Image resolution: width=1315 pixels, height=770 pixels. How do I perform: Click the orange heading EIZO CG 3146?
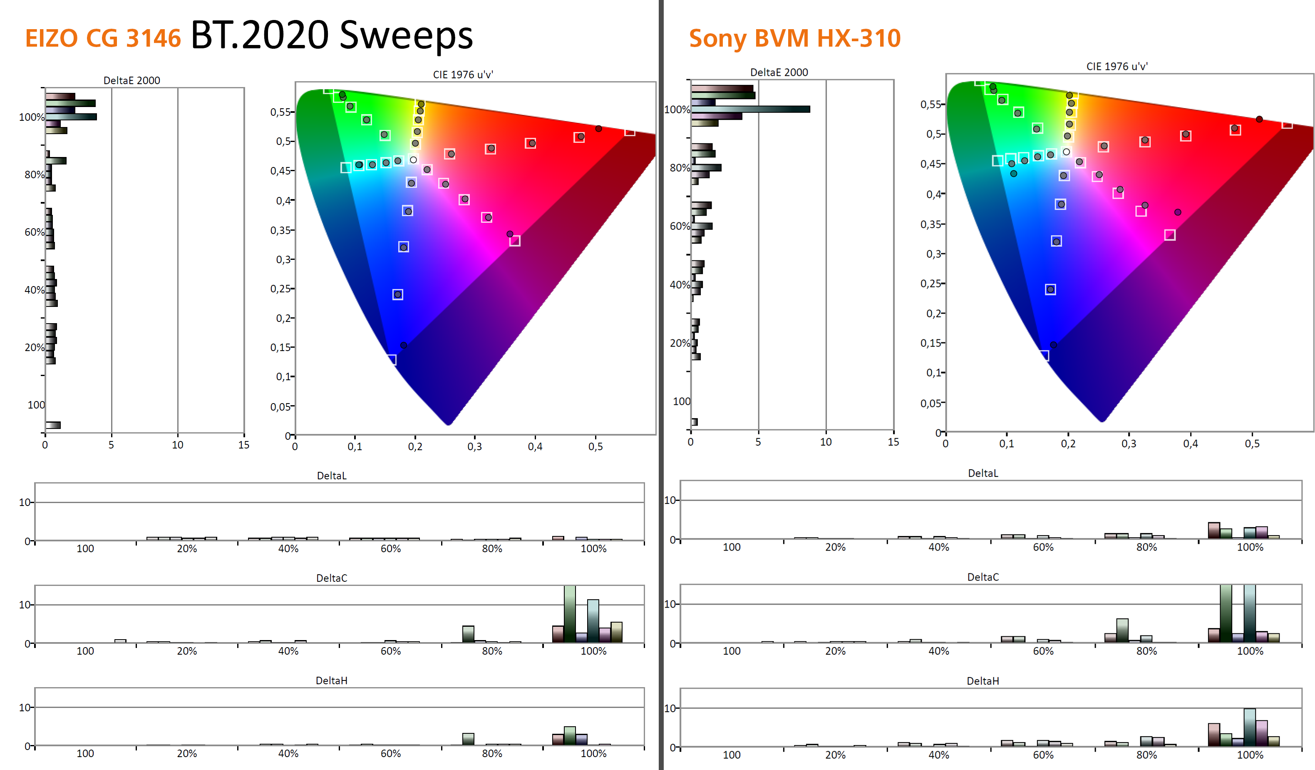(x=103, y=39)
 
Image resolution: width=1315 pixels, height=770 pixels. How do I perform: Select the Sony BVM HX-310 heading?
(x=794, y=39)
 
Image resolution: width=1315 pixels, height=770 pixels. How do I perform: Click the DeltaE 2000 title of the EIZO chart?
(x=131, y=80)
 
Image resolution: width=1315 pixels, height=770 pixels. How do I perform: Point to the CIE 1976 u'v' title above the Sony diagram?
(x=1117, y=66)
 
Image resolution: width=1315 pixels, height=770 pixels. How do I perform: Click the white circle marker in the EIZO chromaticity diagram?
(x=413, y=160)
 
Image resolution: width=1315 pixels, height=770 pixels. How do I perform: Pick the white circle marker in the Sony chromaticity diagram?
(x=1066, y=152)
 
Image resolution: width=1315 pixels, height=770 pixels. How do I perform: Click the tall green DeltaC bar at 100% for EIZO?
(x=570, y=614)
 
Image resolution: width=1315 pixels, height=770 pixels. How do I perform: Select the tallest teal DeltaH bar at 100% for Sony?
(x=1249, y=727)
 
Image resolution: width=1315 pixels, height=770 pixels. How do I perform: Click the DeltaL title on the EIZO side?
(x=331, y=476)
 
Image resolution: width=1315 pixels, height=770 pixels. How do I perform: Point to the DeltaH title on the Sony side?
(x=983, y=681)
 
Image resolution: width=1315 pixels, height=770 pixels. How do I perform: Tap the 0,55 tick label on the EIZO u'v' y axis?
(x=280, y=112)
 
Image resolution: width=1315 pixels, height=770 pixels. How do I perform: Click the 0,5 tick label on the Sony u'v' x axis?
(x=1252, y=444)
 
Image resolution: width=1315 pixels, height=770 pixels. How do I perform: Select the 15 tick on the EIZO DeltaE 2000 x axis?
(x=244, y=445)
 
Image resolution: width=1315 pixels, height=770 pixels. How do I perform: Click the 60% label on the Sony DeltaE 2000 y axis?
(x=680, y=226)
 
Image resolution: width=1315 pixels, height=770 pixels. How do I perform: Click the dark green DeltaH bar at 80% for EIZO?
(x=468, y=739)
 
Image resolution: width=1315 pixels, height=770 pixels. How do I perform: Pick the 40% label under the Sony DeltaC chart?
(x=938, y=651)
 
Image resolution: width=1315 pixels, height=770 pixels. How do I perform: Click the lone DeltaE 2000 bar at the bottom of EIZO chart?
(x=53, y=425)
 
